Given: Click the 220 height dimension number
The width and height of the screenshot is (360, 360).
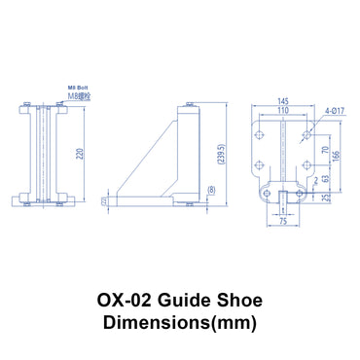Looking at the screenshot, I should pyautogui.click(x=81, y=152).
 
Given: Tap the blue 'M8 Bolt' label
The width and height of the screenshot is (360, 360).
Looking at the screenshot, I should pyautogui.click(x=78, y=90).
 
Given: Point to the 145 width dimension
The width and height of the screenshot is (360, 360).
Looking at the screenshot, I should pyautogui.click(x=282, y=101).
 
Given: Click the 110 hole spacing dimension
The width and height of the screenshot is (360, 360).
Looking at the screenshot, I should pyautogui.click(x=282, y=112).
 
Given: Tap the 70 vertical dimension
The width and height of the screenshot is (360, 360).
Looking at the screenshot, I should pyautogui.click(x=324, y=150).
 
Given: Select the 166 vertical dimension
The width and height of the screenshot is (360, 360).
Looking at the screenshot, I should pyautogui.click(x=337, y=155).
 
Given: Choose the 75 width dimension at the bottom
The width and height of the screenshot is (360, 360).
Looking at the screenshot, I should pyautogui.click(x=281, y=222).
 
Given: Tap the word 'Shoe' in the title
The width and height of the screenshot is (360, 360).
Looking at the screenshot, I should pyautogui.click(x=236, y=302).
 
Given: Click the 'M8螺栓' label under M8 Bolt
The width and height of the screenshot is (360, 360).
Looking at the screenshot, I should pyautogui.click(x=79, y=96).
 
